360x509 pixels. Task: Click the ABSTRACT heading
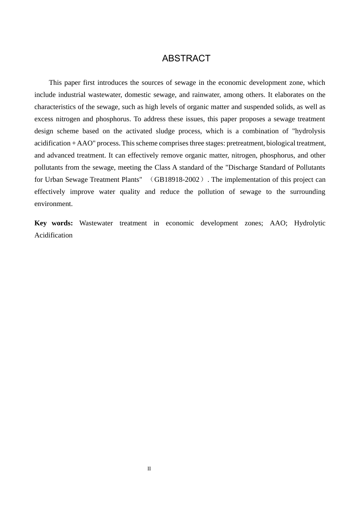coord(186,58)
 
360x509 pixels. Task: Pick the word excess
coord(44,119)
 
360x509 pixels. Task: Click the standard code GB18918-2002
coord(177,180)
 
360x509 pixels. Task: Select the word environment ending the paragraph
coord(53,204)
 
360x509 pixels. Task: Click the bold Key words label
coord(53,223)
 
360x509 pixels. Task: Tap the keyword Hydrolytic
coord(310,223)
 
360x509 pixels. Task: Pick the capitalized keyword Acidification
coord(53,235)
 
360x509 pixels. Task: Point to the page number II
coord(149,469)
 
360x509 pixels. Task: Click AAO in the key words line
coord(278,223)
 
